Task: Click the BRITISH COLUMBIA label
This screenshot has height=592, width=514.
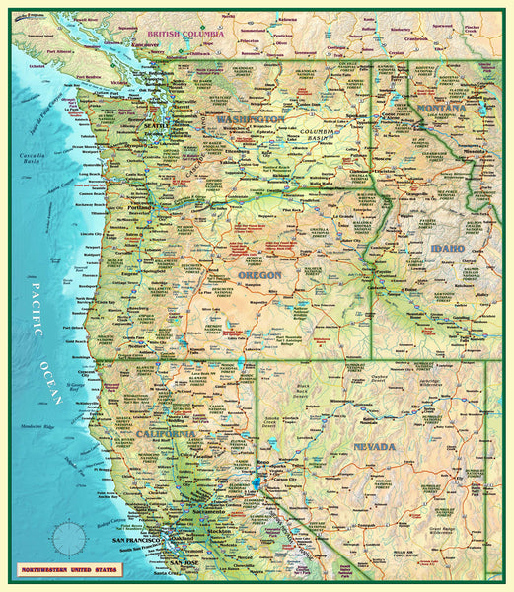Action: point(184,34)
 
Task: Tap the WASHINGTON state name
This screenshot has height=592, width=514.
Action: point(250,118)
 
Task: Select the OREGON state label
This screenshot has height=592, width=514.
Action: point(259,275)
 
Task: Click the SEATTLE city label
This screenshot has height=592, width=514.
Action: point(156,125)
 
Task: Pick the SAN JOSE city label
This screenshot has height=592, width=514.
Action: point(183,563)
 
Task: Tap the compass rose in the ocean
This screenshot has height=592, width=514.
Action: point(70,538)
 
